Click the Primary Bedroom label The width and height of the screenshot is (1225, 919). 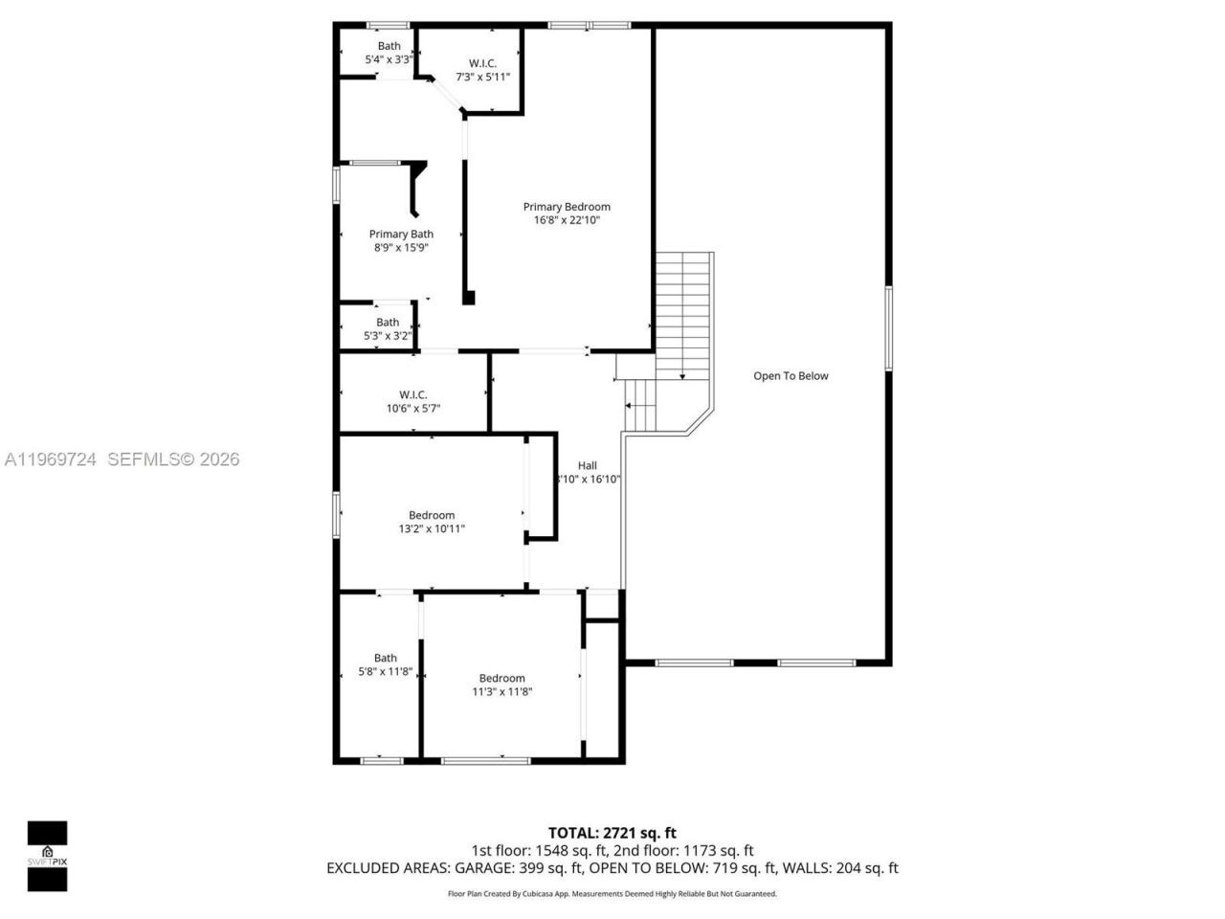coord(566,207)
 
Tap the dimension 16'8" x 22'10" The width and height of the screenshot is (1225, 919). coord(567,220)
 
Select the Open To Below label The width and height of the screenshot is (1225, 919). coord(791,376)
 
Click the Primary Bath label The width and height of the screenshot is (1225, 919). coord(401,234)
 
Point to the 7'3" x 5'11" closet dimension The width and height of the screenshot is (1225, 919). coord(482,77)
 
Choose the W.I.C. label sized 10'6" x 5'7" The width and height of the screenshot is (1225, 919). coord(412,394)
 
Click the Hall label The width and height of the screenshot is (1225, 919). coord(587,465)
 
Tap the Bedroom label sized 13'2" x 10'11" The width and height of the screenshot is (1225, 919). coord(432,515)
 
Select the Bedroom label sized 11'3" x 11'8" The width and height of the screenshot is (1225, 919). coord(501,678)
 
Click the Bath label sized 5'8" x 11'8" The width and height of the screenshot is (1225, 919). coord(385,658)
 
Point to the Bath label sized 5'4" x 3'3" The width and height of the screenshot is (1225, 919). coord(389,46)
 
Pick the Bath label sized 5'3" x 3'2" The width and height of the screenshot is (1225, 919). coord(387,323)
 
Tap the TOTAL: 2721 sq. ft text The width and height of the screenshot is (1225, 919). coord(612,833)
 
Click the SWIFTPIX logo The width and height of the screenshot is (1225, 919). coord(47,856)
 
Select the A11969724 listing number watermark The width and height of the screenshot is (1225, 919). coord(51,459)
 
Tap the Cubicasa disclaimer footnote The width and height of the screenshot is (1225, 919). coord(612,894)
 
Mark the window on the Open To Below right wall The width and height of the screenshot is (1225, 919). coord(888,327)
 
